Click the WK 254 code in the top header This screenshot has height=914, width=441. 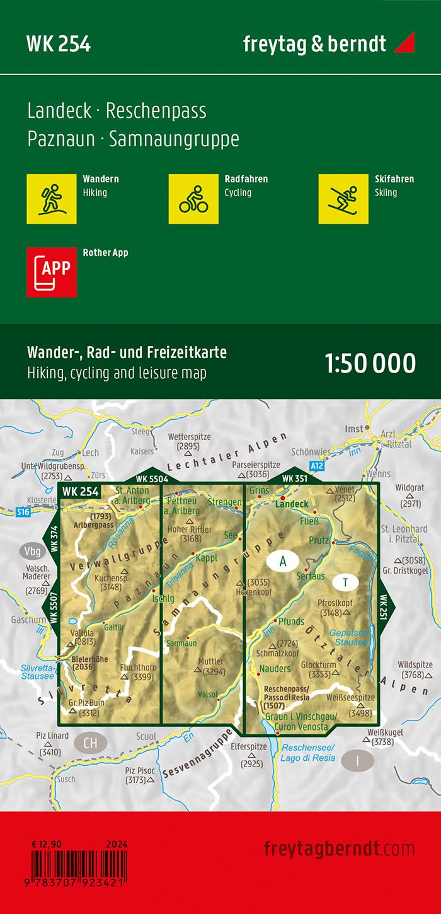click(x=59, y=44)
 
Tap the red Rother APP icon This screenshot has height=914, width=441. click(x=52, y=272)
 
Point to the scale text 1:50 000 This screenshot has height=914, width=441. click(x=370, y=364)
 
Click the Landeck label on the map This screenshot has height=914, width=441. click(x=292, y=504)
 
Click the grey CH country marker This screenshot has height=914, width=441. click(x=90, y=743)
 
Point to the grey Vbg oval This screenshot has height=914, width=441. click(x=31, y=548)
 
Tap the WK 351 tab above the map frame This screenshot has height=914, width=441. click(x=295, y=478)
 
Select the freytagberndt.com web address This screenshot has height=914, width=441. click(x=339, y=848)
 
